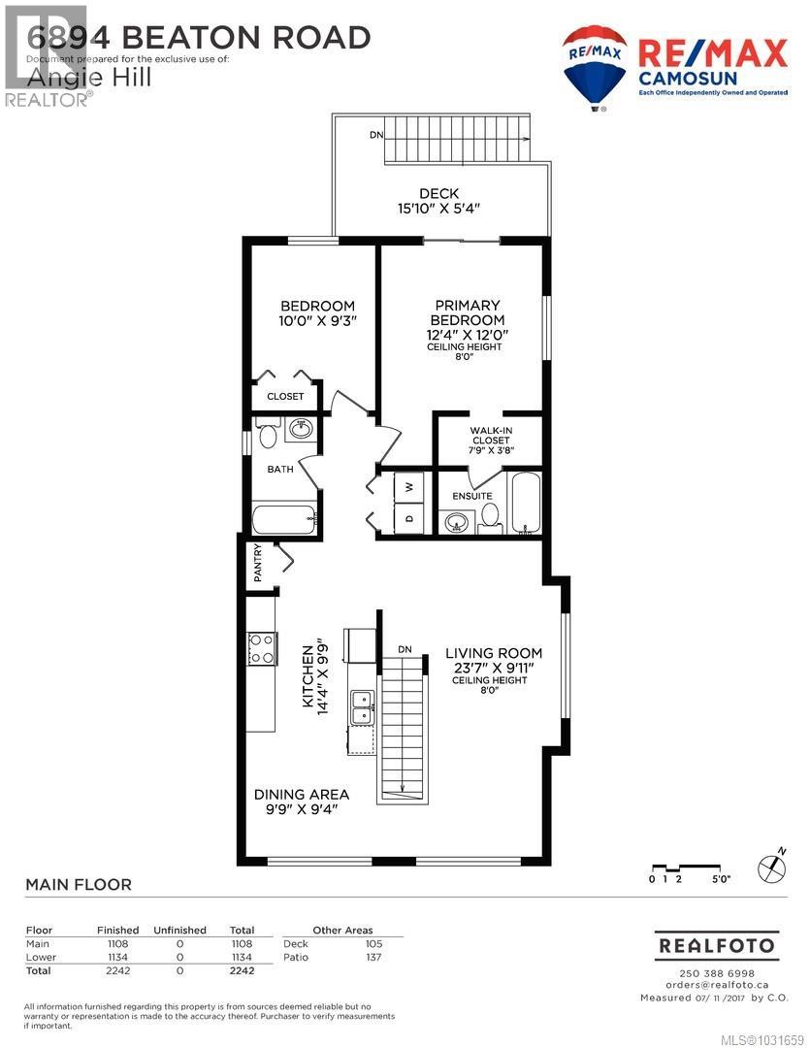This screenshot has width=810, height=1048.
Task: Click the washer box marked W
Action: (x=407, y=487)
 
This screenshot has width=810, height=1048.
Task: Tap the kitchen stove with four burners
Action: (x=262, y=647)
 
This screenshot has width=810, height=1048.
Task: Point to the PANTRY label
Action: (x=258, y=563)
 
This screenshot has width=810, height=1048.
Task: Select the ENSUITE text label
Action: (x=471, y=496)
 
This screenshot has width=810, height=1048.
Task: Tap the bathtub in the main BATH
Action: (x=284, y=518)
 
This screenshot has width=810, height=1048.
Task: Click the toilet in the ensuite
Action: (x=490, y=518)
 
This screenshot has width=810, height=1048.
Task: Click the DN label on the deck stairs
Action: (x=375, y=135)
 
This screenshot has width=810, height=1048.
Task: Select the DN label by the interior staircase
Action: (x=405, y=649)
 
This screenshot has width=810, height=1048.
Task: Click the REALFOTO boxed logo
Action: (x=717, y=944)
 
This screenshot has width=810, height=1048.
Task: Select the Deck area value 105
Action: (x=373, y=943)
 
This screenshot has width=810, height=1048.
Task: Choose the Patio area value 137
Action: (x=373, y=957)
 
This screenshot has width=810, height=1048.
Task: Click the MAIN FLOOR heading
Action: (x=78, y=884)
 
